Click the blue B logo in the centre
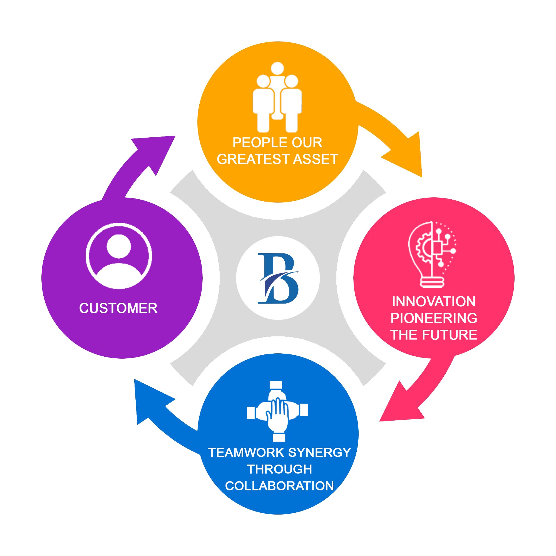pyautogui.click(x=278, y=278)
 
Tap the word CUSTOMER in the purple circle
pyautogui.click(x=118, y=308)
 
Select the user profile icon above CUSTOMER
pyautogui.click(x=119, y=256)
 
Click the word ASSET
pyautogui.click(x=316, y=159)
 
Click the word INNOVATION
pyautogui.click(x=434, y=302)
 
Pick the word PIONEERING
pyautogui.click(x=434, y=318)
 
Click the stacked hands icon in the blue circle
pyautogui.click(x=277, y=411)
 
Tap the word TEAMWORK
pyautogui.click(x=246, y=453)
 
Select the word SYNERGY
pyautogui.click(x=319, y=453)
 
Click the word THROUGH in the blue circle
pyautogui.click(x=279, y=469)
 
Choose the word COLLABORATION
pyautogui.click(x=279, y=486)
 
